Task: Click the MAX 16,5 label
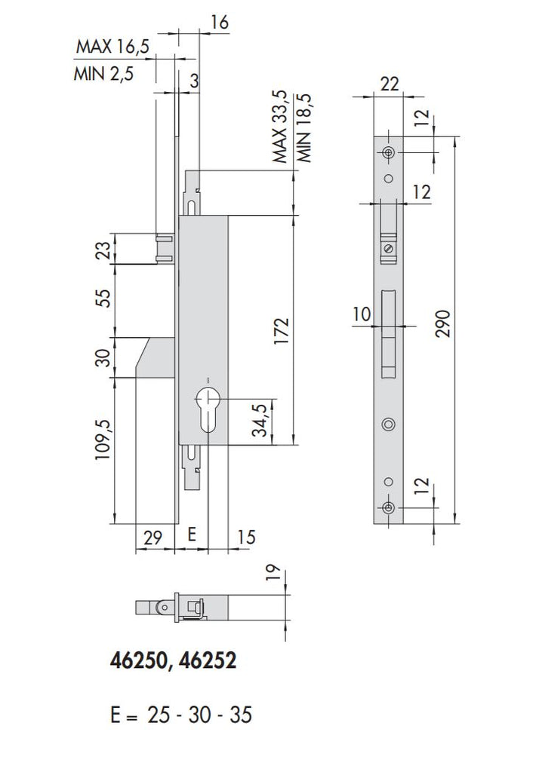click(112, 47)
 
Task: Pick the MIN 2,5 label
click(104, 75)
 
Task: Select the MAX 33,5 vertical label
click(280, 127)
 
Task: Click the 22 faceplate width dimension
click(390, 84)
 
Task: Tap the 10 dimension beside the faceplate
click(362, 314)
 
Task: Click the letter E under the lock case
click(191, 535)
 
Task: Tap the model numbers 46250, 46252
click(173, 661)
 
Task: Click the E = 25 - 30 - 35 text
click(180, 714)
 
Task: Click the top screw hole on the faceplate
click(389, 153)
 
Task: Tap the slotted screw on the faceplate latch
click(388, 247)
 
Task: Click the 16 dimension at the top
click(220, 23)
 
